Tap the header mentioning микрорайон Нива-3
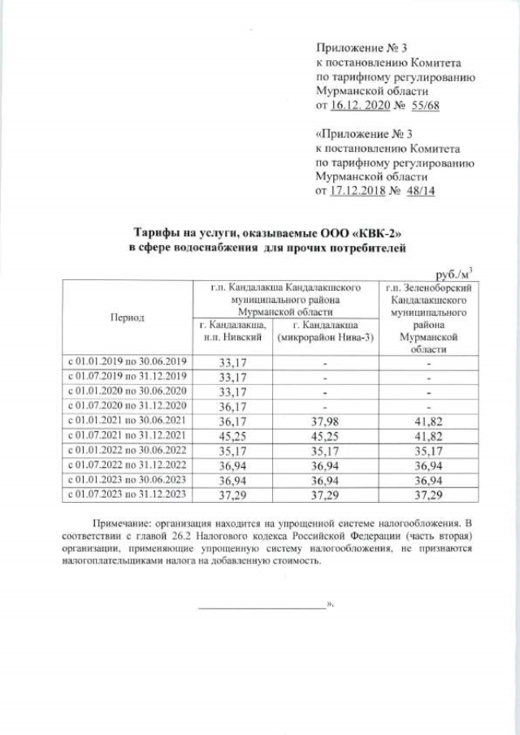pos(324,331)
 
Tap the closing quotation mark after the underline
pos(330,605)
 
